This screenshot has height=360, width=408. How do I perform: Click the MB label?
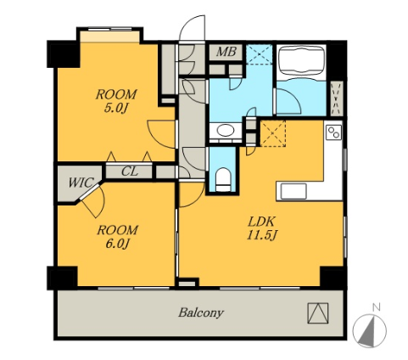[226, 52]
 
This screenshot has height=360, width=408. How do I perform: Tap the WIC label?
[81, 183]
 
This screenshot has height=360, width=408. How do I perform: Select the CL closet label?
[130, 172]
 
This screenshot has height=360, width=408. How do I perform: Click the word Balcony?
[201, 312]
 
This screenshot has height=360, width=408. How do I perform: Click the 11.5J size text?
[261, 235]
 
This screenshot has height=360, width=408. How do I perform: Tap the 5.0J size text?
[116, 108]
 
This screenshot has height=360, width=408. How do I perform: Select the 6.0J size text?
[118, 244]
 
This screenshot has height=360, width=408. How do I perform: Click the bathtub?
[301, 60]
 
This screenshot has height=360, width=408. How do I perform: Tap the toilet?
[223, 179]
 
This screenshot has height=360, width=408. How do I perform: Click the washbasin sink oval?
[226, 131]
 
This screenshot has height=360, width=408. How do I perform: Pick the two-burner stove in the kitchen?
[333, 132]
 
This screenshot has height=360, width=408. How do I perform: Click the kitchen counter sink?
[293, 191]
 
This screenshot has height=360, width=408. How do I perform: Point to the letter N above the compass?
[376, 307]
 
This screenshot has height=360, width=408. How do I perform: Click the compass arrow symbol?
[370, 330]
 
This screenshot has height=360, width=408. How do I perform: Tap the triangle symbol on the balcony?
[318, 313]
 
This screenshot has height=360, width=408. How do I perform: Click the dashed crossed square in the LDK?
[272, 133]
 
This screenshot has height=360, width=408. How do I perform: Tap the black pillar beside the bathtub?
[336, 60]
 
